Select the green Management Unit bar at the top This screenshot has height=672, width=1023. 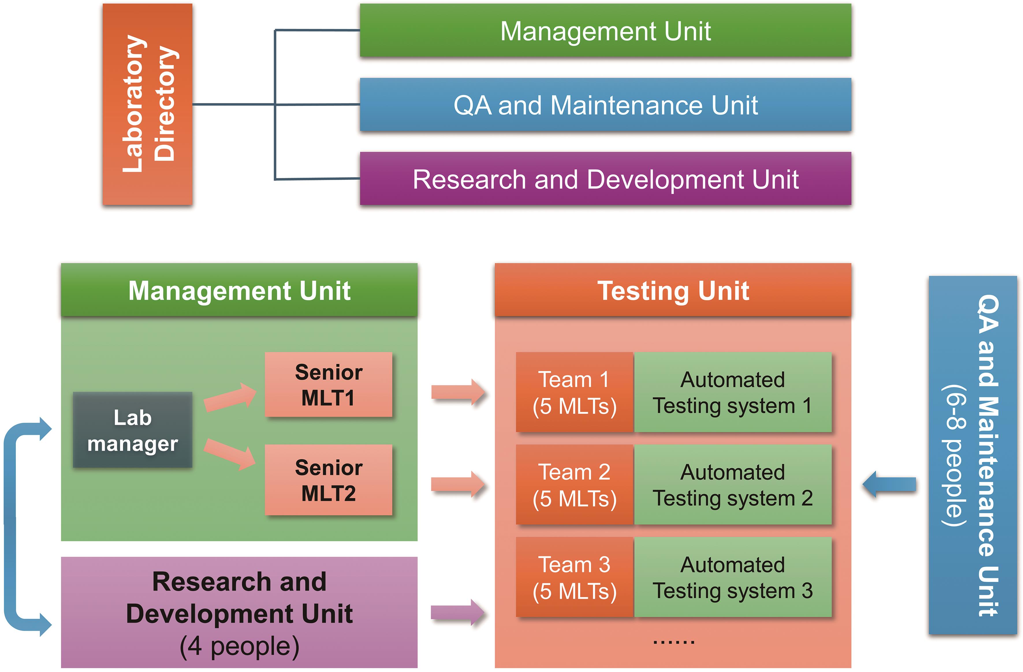pos(605,31)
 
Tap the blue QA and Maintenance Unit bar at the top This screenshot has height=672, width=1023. pos(605,104)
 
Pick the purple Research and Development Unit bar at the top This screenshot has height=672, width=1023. pos(605,179)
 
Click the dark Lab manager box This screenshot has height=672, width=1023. pos(133,430)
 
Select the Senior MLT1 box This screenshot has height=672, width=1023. pos(328,385)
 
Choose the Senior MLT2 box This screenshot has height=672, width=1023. pos(328,480)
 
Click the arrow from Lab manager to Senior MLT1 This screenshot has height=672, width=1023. pos(230,397)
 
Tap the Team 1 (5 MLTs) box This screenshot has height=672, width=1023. pos(574,392)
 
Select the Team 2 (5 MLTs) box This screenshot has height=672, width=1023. pos(574,485)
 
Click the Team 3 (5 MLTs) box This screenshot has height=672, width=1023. pos(574,577)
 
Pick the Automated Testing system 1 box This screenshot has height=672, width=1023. pos(733,392)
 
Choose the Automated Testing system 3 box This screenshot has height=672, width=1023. pos(733,577)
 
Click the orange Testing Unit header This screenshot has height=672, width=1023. pos(673,291)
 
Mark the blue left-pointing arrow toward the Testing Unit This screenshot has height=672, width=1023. pos(889,485)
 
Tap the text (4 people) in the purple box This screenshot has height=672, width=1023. pos(239,646)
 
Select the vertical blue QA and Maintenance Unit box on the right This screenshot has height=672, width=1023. pos(972,455)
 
